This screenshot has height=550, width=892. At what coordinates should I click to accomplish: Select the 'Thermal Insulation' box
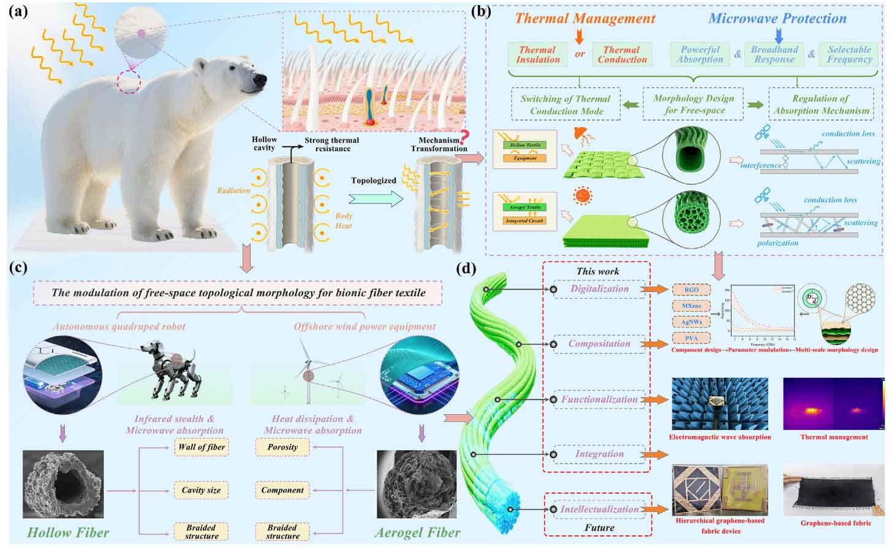(x=537, y=55)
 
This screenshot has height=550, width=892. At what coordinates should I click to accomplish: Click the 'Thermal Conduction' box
(x=622, y=55)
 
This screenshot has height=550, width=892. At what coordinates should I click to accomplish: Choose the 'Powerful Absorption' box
(x=700, y=55)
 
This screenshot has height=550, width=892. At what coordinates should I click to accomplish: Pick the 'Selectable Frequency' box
(x=849, y=55)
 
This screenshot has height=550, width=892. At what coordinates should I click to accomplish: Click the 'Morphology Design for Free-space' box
(x=694, y=105)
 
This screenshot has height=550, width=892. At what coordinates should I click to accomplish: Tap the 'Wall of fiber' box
(x=202, y=447)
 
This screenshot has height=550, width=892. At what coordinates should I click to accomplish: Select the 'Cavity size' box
(x=201, y=490)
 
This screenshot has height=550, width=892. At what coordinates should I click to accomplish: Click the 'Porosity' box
(x=282, y=447)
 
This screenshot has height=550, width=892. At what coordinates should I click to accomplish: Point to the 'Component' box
(x=282, y=490)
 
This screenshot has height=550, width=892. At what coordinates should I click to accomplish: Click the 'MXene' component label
(x=691, y=306)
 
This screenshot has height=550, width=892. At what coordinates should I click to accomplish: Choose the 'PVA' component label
(x=691, y=338)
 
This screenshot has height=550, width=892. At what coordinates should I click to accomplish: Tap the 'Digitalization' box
(x=599, y=289)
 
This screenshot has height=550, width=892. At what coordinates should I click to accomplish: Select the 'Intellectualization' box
(x=599, y=509)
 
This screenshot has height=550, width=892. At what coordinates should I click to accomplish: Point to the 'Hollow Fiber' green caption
(x=68, y=532)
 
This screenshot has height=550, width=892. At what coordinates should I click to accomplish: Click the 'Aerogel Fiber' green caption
(x=417, y=532)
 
